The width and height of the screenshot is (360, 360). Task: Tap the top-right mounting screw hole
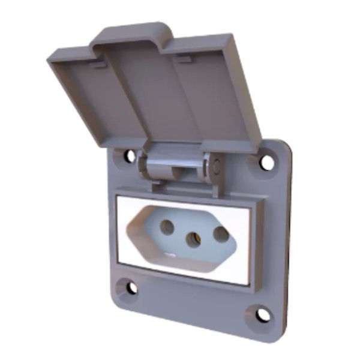point(266,161)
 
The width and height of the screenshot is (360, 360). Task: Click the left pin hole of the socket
point(167,227)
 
